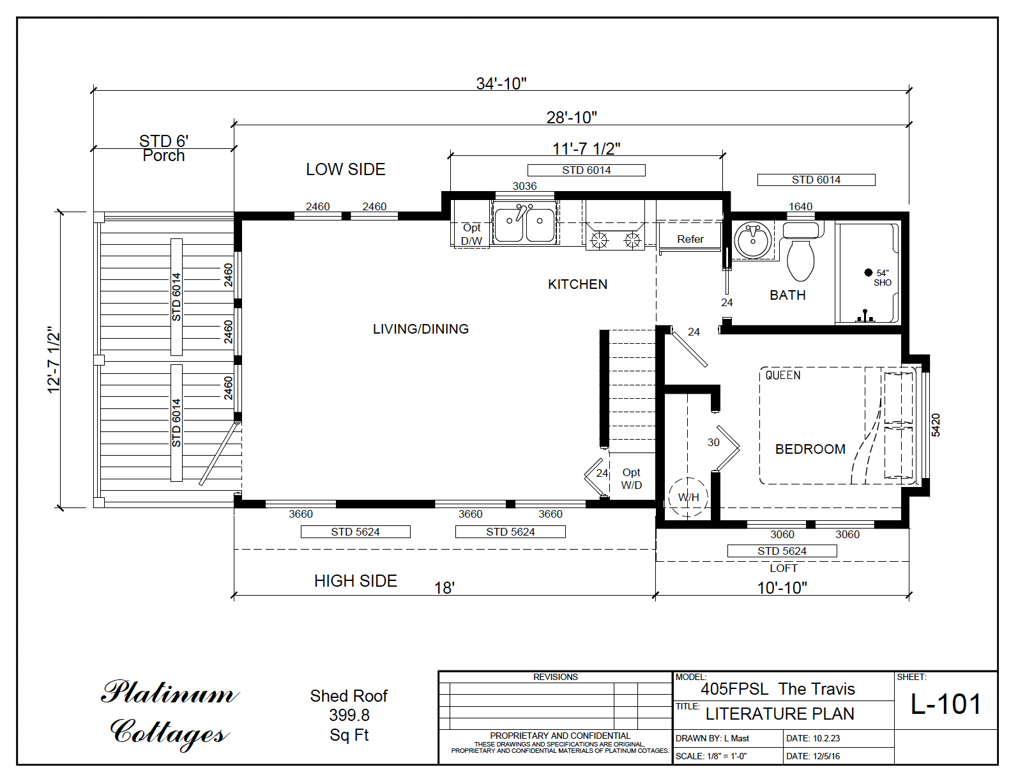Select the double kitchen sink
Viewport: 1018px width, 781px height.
tap(524, 224)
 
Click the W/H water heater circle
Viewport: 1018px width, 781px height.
tap(688, 497)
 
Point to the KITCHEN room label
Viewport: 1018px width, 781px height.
tap(577, 284)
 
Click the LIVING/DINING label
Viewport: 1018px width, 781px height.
tap(420, 329)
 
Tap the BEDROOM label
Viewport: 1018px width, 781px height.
tap(810, 449)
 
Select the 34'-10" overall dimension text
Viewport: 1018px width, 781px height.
tap(501, 84)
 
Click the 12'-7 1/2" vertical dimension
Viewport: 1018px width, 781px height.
tap(54, 360)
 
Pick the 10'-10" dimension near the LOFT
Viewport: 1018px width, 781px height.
tap(782, 588)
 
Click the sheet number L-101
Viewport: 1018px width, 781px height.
tap(945, 704)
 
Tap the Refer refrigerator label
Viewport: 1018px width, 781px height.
tap(690, 239)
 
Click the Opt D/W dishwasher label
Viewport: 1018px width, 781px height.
tap(471, 235)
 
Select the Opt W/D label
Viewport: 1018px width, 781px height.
tap(631, 479)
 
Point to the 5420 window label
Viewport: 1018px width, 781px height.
tap(936, 425)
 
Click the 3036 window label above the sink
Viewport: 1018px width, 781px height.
tap(524, 186)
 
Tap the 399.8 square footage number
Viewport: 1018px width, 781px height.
tap(349, 715)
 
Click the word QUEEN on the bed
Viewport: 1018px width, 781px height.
tap(782, 375)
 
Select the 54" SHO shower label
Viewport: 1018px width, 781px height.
tap(882, 277)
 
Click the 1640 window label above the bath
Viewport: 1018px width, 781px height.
tap(800, 206)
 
